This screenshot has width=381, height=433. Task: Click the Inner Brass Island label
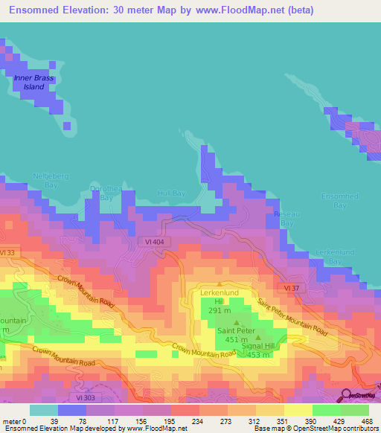pyautogui.click(x=32, y=82)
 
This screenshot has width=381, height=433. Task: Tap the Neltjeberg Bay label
pyautogui.click(x=45, y=180)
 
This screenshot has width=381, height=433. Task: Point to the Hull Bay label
pyautogui.click(x=171, y=193)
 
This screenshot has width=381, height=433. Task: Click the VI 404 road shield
pyautogui.click(x=156, y=243)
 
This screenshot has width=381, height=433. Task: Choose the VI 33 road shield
pyautogui.click(x=7, y=253)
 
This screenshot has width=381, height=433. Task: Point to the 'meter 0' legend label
pyautogui.click(x=13, y=422)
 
